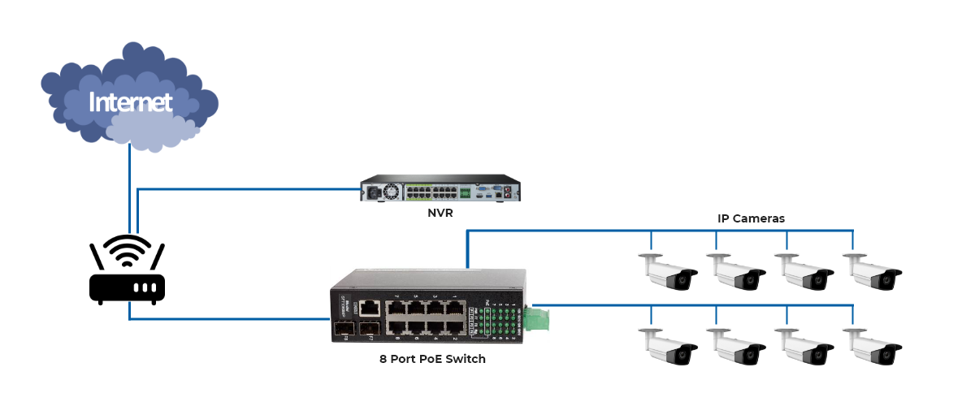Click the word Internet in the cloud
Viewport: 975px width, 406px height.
click(130, 102)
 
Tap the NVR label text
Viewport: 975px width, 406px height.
click(440, 214)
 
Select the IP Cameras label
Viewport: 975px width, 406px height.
click(751, 218)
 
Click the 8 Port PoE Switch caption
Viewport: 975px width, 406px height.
click(432, 358)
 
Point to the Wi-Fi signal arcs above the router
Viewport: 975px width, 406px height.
click(127, 250)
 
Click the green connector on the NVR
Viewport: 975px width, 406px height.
click(466, 193)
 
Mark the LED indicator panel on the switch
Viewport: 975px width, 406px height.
click(497, 319)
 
